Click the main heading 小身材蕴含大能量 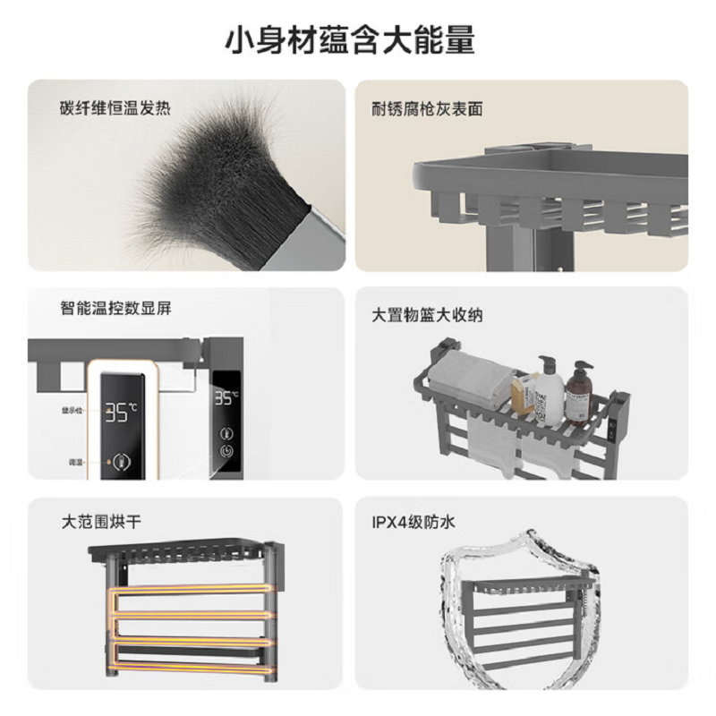[x=358, y=40]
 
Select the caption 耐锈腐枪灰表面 [x=427, y=109]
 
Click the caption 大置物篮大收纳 [x=427, y=315]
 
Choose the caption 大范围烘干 [x=101, y=519]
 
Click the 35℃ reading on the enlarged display [x=121, y=412]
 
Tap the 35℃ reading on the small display [x=226, y=398]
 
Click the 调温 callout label [x=75, y=463]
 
